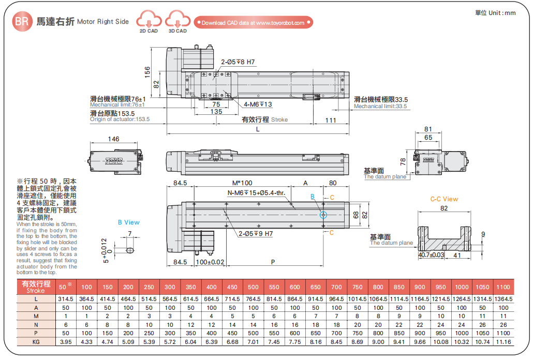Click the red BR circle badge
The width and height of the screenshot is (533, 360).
point(21,22)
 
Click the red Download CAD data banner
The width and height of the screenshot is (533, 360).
point(253,23)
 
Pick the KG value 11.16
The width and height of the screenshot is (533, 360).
point(502,342)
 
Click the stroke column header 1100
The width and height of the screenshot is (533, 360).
point(502,287)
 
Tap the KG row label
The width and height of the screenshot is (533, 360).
point(36,342)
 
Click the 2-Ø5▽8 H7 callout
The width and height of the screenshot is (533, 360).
point(238,62)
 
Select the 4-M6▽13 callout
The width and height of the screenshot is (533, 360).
point(258,104)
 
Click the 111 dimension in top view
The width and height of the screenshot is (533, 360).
point(331,121)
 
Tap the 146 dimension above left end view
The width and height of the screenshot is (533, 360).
point(113,139)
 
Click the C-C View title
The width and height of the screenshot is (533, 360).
point(444,199)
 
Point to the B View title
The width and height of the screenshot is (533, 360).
point(128,222)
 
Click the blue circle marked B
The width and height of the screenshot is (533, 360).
point(323,215)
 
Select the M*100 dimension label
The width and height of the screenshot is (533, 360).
point(242,183)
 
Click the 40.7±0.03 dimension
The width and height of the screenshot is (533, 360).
point(431,255)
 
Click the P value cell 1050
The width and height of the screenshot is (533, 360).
point(482,334)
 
